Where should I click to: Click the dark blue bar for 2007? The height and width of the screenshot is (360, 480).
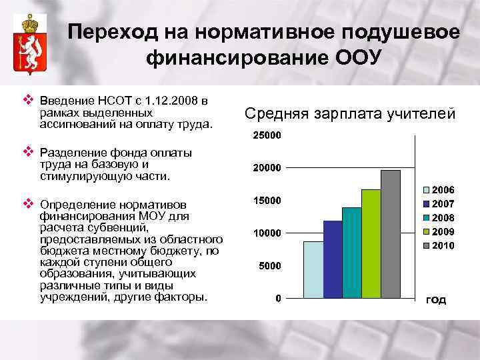point(332,259)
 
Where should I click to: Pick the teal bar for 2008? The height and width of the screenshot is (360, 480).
point(351,252)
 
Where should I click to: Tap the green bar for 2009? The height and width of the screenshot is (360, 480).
point(371,243)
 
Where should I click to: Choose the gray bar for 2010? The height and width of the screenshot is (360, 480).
point(391,233)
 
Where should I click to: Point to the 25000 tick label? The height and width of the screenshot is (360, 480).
point(267,136)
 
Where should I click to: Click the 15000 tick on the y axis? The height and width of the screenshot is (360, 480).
point(267,201)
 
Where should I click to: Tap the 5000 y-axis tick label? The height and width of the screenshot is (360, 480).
point(269,265)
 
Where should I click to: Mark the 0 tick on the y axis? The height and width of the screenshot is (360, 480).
point(278,298)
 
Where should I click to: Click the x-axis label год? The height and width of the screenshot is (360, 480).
point(435,300)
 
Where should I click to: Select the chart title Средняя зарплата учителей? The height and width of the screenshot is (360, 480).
point(350,114)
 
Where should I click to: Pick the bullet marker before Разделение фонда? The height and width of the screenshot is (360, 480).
point(28,147)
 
